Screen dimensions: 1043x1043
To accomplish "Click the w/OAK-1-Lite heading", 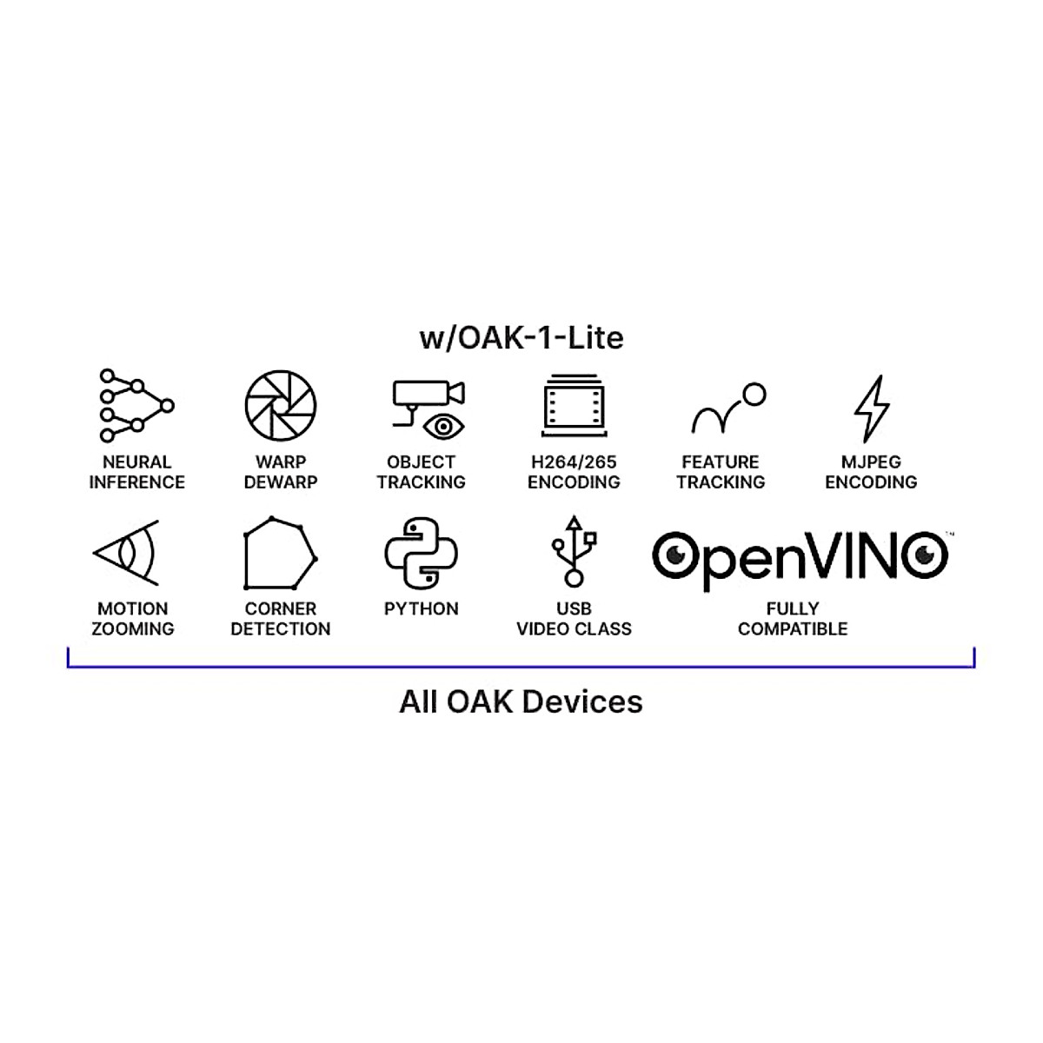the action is (521, 337).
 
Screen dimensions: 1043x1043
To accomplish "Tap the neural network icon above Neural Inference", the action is (136, 406).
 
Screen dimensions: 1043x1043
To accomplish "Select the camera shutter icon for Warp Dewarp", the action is (280, 406).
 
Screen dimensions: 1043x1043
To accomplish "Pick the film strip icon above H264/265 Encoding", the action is (574, 405).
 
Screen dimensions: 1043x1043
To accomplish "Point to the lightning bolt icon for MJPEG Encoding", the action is (871, 408).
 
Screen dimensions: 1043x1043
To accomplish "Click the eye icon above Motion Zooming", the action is (127, 553).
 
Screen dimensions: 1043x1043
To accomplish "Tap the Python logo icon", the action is (422, 554).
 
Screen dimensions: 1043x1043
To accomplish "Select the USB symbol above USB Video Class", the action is (574, 551).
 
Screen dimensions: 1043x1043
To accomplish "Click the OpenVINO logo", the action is (800, 556).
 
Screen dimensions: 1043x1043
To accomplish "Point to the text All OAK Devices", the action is (521, 701).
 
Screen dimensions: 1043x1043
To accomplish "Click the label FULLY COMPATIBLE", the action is (793, 619).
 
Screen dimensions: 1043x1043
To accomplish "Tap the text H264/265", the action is (574, 462).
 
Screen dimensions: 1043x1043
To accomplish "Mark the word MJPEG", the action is (871, 462).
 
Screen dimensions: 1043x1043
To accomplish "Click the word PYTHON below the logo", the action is (422, 608).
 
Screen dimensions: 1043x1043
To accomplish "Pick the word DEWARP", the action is (280, 482).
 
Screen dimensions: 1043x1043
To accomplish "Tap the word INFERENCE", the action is (136, 482).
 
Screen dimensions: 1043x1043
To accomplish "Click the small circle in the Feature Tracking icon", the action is (754, 395).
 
